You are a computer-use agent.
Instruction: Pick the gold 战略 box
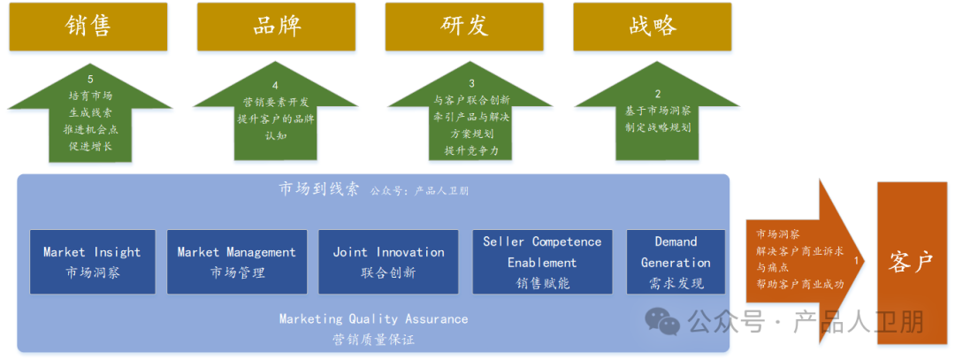pos(653,27)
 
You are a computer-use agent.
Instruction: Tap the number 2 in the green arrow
pos(657,94)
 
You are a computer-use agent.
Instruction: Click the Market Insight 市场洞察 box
pos(92,262)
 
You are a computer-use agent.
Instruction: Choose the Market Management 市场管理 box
pos(237,262)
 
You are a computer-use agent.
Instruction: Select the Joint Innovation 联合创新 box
pos(388,262)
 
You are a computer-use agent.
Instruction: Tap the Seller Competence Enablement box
pos(542,262)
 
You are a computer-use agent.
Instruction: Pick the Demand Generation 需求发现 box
pos(676,262)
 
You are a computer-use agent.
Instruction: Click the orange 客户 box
pos(911,262)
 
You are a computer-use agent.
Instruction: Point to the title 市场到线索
pos(319,189)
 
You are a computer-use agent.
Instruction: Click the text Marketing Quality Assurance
pos(373,319)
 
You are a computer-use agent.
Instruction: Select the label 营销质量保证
pos(373,339)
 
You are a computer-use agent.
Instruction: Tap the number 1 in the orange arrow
pos(855,262)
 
